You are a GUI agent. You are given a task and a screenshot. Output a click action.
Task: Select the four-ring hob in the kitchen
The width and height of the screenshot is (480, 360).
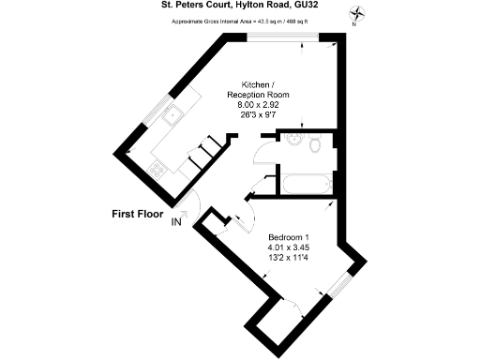[x=157, y=169]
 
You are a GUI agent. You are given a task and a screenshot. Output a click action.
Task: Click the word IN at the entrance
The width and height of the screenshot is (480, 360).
[x=176, y=222]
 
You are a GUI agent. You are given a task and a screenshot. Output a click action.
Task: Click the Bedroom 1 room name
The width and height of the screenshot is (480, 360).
[x=289, y=236]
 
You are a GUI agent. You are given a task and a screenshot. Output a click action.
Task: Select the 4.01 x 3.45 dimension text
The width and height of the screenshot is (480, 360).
[x=289, y=247]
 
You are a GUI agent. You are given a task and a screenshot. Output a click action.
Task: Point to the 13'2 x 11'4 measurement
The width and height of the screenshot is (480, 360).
[x=289, y=259]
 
